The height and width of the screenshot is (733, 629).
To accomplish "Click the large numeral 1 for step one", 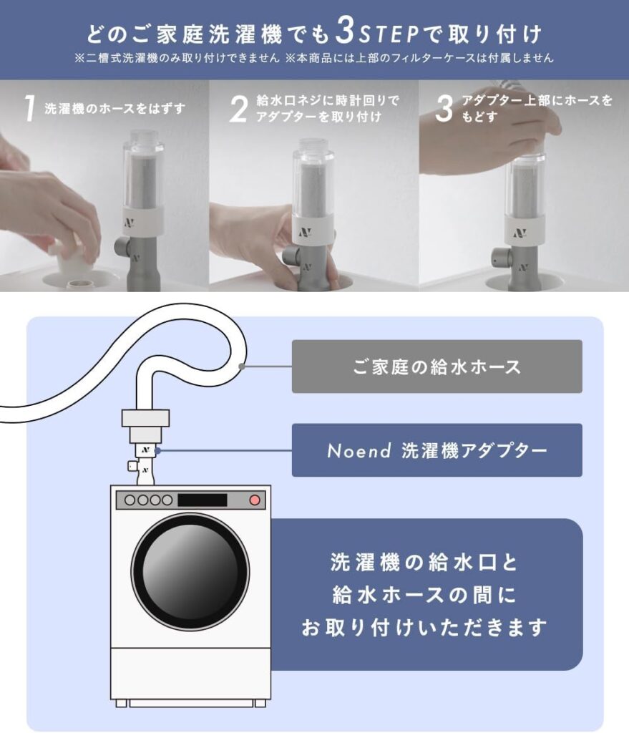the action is click(30, 108).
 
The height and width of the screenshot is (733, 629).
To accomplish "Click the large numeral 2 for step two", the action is click(238, 109).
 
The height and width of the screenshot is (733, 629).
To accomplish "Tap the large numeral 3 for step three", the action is click(444, 109).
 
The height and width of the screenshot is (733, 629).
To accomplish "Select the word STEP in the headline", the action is click(389, 34).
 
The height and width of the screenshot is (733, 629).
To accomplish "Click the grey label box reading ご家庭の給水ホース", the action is click(437, 366).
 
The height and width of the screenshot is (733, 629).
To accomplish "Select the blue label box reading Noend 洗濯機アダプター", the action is click(437, 450).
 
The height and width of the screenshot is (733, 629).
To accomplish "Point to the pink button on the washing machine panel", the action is click(254, 500).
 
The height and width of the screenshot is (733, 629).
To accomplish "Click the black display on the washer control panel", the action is click(203, 500).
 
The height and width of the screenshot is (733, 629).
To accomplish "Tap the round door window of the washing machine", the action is click(190, 571).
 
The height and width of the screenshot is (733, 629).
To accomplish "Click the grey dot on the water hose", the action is click(242, 366).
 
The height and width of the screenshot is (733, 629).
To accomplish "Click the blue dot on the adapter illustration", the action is click(158, 451).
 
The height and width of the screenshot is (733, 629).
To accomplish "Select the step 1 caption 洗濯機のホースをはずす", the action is click(115, 109).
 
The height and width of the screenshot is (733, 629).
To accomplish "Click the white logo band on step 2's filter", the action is click(313, 229).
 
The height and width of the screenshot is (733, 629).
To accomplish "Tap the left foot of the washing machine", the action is click(122, 703).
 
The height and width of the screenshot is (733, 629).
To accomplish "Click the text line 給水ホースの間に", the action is click(424, 595).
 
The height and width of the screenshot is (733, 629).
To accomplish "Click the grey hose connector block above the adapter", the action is click(145, 418).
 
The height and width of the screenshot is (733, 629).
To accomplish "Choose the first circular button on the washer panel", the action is click(130, 500).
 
